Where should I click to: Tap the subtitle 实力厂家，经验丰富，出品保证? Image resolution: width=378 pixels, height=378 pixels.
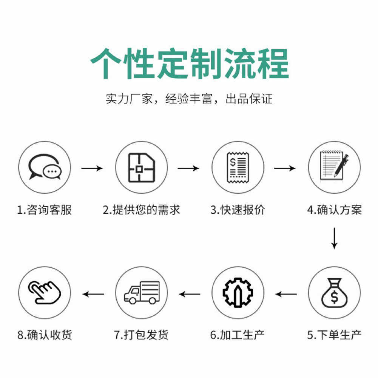[189, 99]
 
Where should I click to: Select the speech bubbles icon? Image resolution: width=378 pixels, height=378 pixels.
[45, 167]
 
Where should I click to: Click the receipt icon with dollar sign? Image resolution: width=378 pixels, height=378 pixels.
[238, 167]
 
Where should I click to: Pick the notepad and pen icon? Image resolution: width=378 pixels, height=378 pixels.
[334, 167]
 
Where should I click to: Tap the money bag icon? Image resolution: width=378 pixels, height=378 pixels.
[334, 293]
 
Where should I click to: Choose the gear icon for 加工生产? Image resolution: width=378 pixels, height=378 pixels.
[238, 293]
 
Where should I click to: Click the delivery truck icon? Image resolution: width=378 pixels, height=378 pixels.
[141, 293]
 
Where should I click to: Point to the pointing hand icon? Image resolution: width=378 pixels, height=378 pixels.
[45, 293]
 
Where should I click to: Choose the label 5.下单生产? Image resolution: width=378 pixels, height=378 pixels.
[334, 335]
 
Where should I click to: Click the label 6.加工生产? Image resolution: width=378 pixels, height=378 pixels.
[238, 335]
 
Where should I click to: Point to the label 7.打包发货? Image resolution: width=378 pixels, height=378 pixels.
[141, 335]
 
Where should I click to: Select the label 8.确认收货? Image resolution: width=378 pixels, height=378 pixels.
[45, 335]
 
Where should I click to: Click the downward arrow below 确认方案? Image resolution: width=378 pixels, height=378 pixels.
[334, 238]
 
